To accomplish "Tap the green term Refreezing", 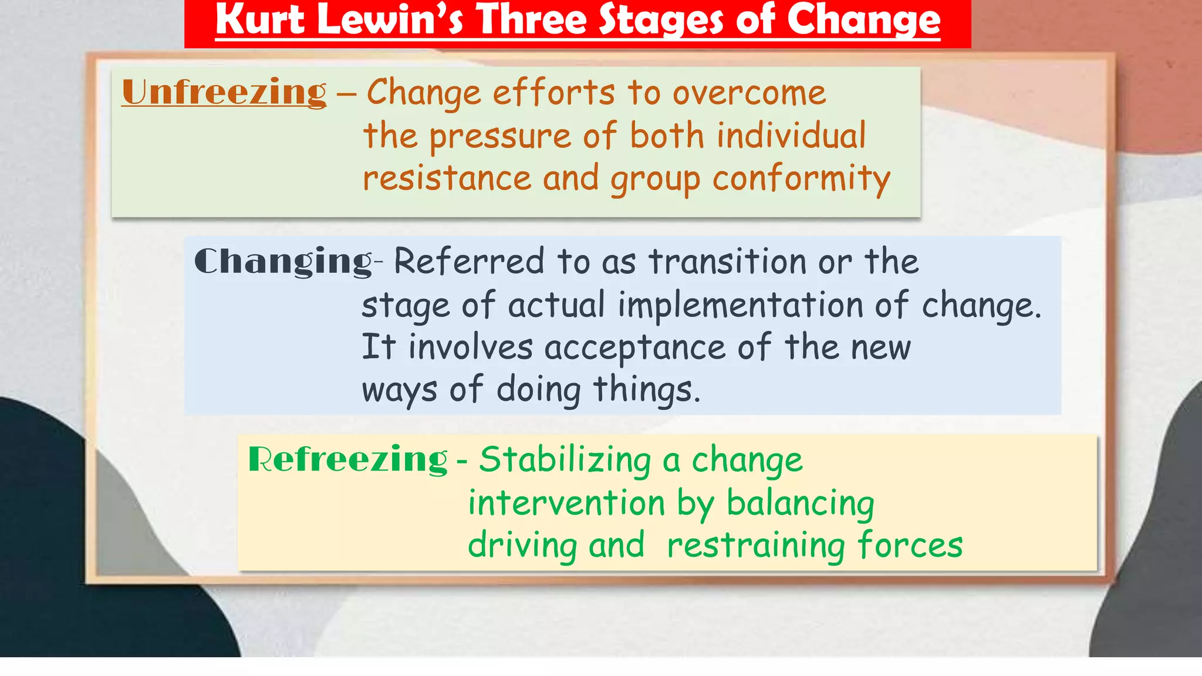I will (347, 459).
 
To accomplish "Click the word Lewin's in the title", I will (390, 20).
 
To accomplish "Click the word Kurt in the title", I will (260, 20).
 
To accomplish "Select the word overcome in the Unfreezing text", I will (749, 93).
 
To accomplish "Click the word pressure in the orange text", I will (500, 136).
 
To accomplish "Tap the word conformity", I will (801, 179).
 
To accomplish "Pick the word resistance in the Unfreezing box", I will (447, 178).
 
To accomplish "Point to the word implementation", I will (740, 305).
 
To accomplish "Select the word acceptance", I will (635, 347).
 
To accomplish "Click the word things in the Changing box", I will (647, 390).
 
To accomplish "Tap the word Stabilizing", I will (565, 459).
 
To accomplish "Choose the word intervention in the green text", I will (566, 503).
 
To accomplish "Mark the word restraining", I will (756, 546).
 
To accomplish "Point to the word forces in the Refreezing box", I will (910, 545).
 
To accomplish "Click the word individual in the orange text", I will (791, 136).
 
